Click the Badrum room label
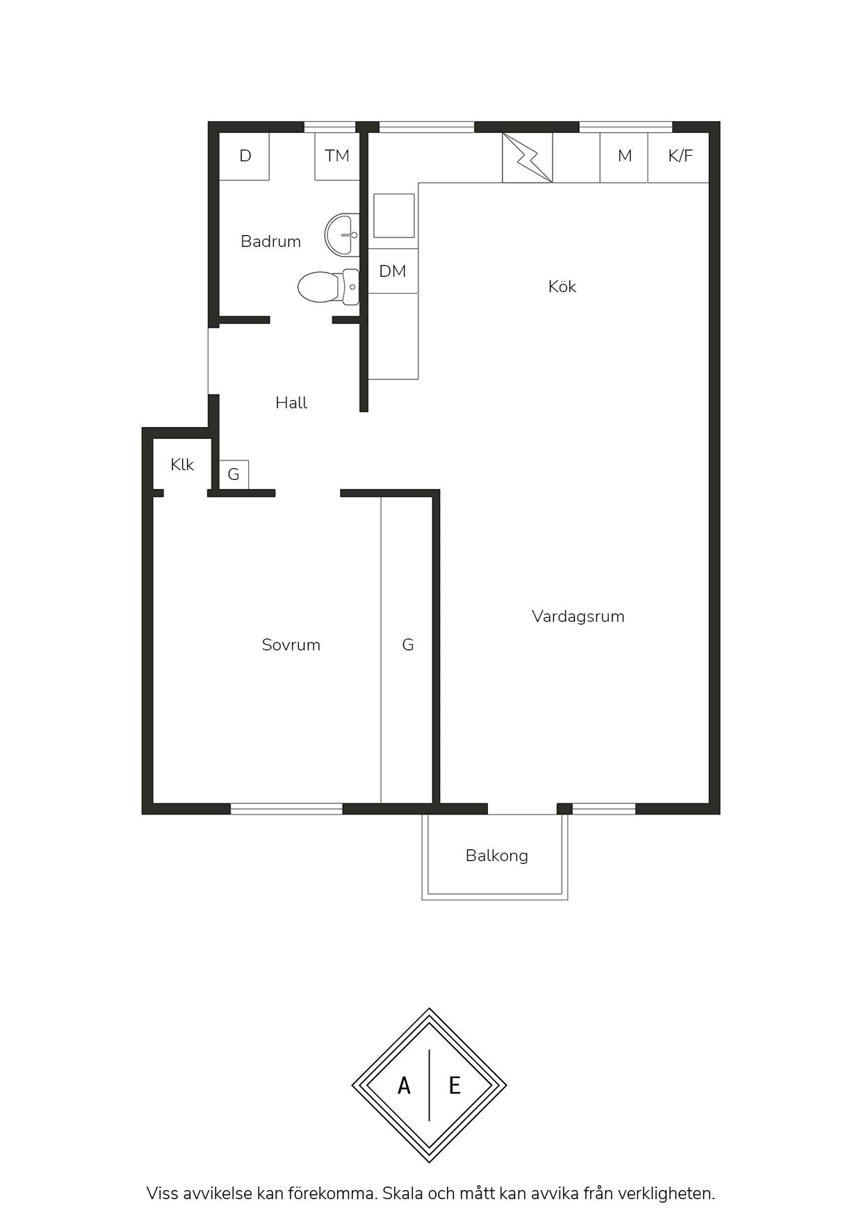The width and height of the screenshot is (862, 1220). click(x=270, y=241)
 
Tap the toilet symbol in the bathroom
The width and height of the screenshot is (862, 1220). click(x=328, y=287)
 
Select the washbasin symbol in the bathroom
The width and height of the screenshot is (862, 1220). click(x=342, y=234)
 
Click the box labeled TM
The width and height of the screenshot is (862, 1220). click(x=337, y=156)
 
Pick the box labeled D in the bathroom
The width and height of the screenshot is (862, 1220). click(x=245, y=156)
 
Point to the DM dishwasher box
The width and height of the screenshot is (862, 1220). click(x=393, y=271)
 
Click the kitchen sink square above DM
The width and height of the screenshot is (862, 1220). click(x=394, y=216)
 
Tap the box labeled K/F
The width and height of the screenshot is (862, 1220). click(x=679, y=156)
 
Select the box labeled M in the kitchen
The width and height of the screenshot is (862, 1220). click(x=624, y=156)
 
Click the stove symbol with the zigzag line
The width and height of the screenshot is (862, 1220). click(x=528, y=158)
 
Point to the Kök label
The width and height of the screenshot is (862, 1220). click(x=562, y=287)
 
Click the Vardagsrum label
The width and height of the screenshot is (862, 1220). click(x=578, y=616)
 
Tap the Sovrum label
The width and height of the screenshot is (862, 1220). click(x=291, y=645)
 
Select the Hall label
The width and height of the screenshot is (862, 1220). click(x=291, y=403)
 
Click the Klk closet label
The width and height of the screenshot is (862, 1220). click(x=182, y=465)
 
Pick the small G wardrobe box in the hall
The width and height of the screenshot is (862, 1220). click(x=234, y=474)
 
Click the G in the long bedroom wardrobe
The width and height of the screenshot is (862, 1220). click(x=408, y=645)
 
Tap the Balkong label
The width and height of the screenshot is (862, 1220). click(x=497, y=856)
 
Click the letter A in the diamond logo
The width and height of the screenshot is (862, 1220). click(x=404, y=1085)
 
